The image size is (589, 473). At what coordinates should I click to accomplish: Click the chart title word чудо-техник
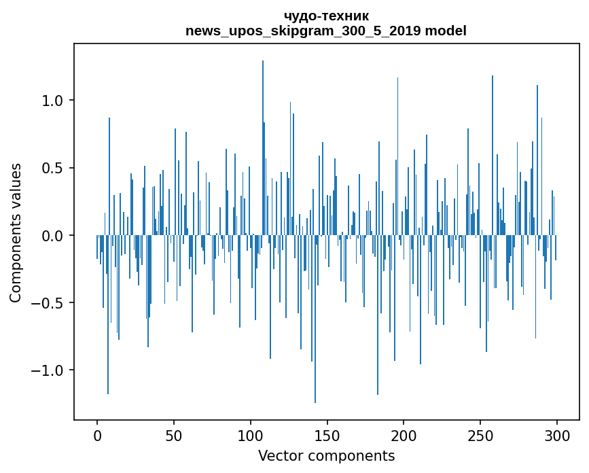326,16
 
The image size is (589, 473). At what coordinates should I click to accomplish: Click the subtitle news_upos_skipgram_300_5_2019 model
326,31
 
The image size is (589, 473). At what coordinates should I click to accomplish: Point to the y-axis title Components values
16,232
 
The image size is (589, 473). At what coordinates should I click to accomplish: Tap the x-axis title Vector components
326,455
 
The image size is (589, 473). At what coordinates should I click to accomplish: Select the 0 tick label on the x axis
97,435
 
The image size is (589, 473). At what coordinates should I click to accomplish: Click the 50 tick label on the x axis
174,435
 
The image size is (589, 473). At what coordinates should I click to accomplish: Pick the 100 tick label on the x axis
251,435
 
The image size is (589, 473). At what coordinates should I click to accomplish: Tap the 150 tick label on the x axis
327,435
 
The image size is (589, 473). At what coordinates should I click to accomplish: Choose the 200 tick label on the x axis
404,435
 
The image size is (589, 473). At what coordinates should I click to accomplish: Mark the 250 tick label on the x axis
480,435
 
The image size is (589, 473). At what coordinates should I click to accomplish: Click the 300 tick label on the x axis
557,435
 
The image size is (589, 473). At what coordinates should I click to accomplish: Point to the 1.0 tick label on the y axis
52,101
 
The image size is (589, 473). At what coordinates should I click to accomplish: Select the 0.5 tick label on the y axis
52,168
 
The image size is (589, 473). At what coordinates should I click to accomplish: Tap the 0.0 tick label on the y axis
52,235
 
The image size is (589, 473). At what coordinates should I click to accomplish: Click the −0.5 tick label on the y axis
48,303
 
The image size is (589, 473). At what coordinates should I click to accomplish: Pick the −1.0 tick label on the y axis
48,370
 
